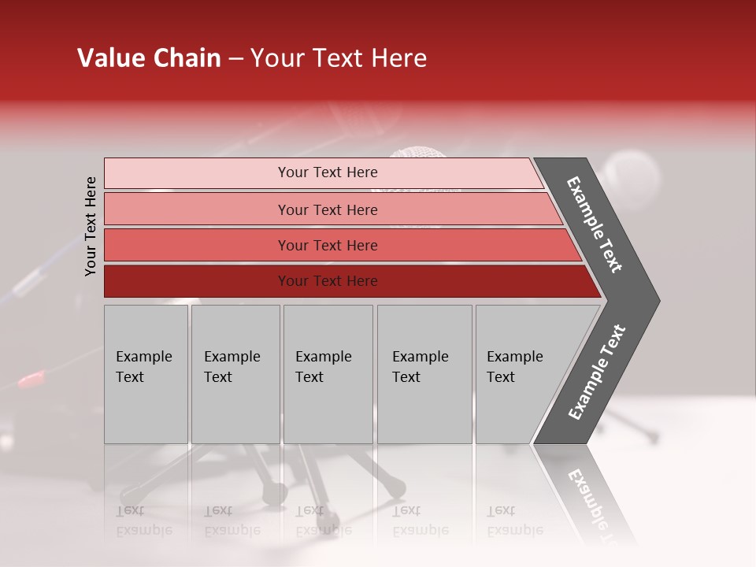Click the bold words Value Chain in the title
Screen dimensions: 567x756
click(x=149, y=58)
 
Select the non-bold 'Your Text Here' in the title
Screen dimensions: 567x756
click(x=339, y=58)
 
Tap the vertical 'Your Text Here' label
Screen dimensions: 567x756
click(x=91, y=226)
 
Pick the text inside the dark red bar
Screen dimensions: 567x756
click(x=328, y=281)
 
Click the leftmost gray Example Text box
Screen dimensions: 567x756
click(x=146, y=374)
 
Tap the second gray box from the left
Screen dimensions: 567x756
click(x=235, y=374)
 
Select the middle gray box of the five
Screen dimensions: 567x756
click(x=328, y=374)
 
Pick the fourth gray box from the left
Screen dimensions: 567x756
click(x=424, y=374)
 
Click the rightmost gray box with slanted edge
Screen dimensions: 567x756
click(x=520, y=374)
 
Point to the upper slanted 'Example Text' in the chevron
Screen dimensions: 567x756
click(x=595, y=224)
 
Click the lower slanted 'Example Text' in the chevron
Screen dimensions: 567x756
click(x=596, y=372)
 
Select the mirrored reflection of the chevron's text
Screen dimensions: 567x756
click(x=595, y=504)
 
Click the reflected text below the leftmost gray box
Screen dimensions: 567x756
click(x=144, y=521)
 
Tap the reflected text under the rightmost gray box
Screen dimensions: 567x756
click(x=515, y=521)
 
